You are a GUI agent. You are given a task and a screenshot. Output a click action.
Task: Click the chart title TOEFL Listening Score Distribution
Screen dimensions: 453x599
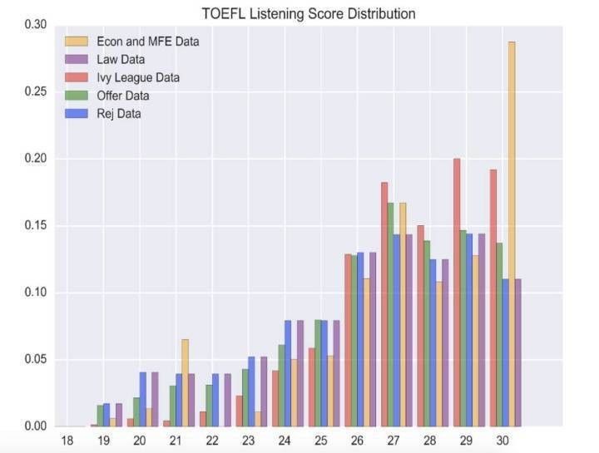(309, 13)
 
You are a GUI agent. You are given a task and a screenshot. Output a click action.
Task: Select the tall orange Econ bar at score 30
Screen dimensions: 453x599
(512, 234)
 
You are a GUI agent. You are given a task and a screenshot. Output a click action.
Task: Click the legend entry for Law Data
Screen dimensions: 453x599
(121, 59)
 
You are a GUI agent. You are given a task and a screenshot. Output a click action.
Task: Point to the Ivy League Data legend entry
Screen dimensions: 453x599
(138, 77)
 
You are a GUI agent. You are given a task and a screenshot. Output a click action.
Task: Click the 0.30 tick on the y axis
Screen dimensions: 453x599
(35, 24)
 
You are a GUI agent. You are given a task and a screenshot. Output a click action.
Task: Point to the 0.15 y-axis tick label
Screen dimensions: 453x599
(35, 225)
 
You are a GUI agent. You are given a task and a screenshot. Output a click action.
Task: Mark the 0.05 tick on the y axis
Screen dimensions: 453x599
(35, 360)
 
